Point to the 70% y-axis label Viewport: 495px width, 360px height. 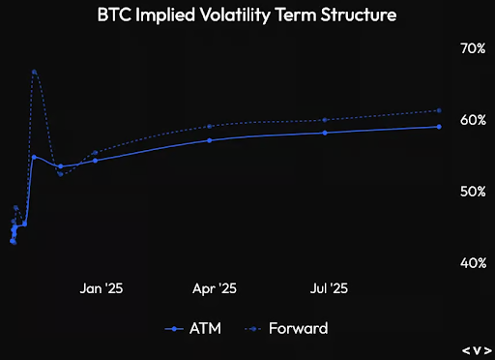pyautogui.click(x=471, y=47)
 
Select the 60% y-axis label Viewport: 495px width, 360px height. pyautogui.click(x=471, y=120)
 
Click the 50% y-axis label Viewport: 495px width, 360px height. pyautogui.click(x=471, y=192)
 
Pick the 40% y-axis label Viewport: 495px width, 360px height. pyautogui.click(x=471, y=263)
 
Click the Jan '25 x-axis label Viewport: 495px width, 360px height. pyautogui.click(x=101, y=288)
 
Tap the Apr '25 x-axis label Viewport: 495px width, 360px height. pyautogui.click(x=215, y=288)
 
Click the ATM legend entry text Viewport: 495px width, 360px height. pyautogui.click(x=206, y=328)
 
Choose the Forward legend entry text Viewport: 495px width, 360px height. pyautogui.click(x=298, y=328)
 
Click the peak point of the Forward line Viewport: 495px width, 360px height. pyautogui.click(x=34, y=72)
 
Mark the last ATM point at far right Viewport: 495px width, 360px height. pyautogui.click(x=439, y=127)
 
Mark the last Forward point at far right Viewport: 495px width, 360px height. pyautogui.click(x=439, y=110)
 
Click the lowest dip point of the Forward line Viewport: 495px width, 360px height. pyautogui.click(x=60, y=174)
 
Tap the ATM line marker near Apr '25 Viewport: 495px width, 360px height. pyautogui.click(x=210, y=140)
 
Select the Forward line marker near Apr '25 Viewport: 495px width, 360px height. pyautogui.click(x=210, y=127)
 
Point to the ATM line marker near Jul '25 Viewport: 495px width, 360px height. pyautogui.click(x=325, y=133)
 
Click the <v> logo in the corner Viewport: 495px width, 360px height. pyautogui.click(x=476, y=348)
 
